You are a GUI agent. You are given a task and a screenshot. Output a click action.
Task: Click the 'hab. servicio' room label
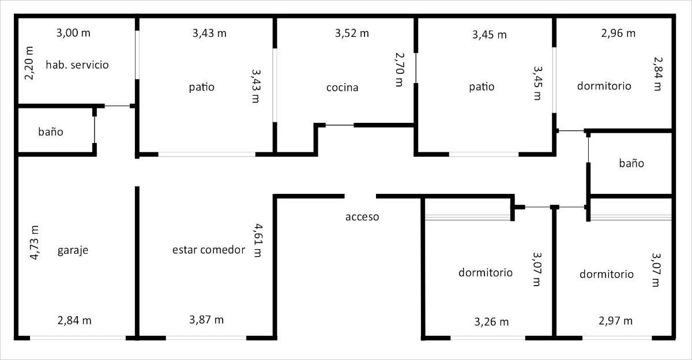[77, 65]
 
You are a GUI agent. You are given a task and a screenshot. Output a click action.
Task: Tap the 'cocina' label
[343, 88]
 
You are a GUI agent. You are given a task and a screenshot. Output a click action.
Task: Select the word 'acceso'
[362, 217]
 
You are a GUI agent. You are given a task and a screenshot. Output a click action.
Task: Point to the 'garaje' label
[73, 250]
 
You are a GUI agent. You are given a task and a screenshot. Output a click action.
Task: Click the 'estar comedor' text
[209, 250]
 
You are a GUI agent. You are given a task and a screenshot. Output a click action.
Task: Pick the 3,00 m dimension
[74, 33]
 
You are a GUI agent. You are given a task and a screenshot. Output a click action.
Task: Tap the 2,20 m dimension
[29, 63]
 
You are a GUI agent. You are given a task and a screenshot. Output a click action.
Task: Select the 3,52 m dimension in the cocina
[352, 33]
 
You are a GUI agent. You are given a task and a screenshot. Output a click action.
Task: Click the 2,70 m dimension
[400, 70]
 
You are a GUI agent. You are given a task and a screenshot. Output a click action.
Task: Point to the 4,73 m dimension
[34, 242]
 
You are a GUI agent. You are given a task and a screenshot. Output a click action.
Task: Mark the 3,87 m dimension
[206, 320]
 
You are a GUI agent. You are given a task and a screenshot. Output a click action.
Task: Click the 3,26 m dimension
[491, 322]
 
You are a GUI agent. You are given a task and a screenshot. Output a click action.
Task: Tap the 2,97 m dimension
[616, 321]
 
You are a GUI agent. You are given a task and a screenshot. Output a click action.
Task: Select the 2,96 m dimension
[618, 33]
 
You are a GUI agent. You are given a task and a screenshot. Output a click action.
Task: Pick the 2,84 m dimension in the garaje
[74, 321]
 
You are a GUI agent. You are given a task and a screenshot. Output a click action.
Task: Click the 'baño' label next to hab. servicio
[51, 132]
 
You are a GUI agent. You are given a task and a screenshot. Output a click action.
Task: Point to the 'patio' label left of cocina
[202, 87]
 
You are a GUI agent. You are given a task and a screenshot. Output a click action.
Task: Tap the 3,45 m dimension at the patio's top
[490, 35]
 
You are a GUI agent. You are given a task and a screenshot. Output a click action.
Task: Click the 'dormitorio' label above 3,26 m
[486, 272]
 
